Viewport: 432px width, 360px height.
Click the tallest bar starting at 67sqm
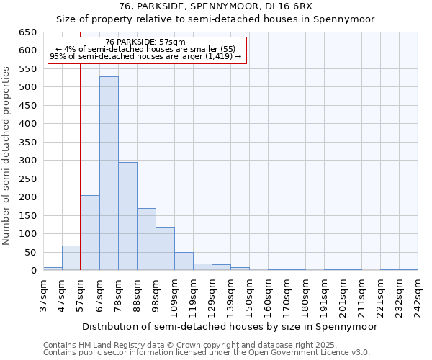click(x=109, y=174)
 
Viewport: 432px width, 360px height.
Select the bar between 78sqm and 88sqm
click(x=127, y=216)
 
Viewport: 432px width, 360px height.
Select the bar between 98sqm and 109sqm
click(x=165, y=248)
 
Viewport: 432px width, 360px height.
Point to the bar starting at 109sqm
click(x=184, y=261)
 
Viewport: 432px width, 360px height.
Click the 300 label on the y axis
click(x=27, y=161)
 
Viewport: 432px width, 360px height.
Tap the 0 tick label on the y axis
click(x=33, y=271)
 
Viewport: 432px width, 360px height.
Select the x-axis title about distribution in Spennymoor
click(x=230, y=326)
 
